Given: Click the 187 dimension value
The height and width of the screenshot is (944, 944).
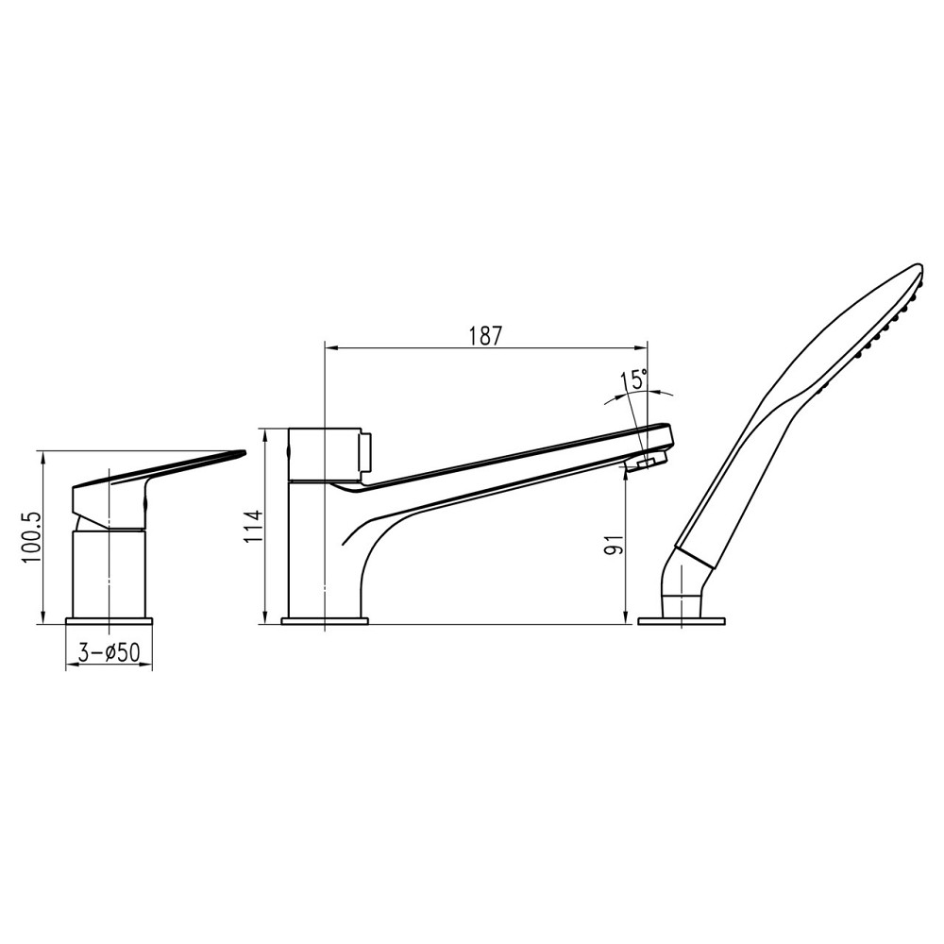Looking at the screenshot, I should click(x=484, y=335).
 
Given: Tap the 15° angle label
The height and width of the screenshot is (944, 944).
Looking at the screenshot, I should click(x=632, y=381).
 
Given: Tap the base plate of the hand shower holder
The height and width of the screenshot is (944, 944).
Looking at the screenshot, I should click(x=681, y=620).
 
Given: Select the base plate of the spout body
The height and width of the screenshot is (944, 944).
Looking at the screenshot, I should click(x=325, y=620).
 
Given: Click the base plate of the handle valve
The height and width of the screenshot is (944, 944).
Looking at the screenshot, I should click(x=109, y=620).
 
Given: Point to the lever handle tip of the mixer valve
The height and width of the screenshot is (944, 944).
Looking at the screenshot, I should click(x=236, y=454).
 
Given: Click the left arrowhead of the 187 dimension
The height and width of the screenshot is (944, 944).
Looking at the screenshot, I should click(x=329, y=348).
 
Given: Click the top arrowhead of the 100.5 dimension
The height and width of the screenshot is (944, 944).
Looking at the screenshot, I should click(x=42, y=456).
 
